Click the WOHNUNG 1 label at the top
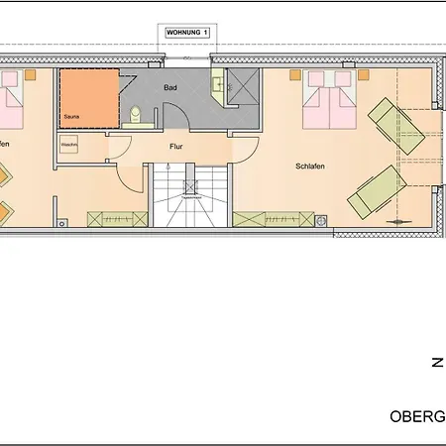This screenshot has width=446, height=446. click(x=186, y=34)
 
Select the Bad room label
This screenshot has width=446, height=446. click(x=169, y=87)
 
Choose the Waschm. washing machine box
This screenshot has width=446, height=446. click(x=69, y=145)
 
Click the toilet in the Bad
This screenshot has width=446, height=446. click(x=136, y=114)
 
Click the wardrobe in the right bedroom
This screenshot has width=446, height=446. click(x=274, y=218)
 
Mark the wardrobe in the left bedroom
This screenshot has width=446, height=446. click(x=115, y=218)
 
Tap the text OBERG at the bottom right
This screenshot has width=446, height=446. click(x=416, y=417)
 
